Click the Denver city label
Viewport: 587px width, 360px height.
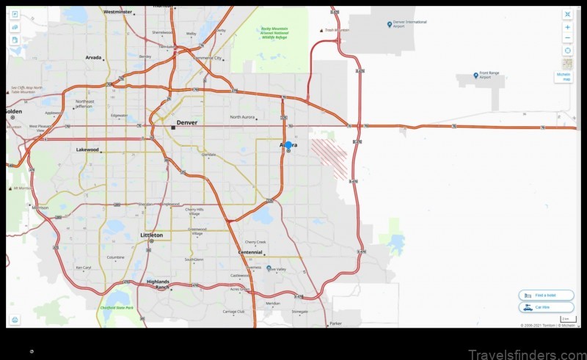[x=186, y=122]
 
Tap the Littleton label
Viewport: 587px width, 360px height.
[x=151, y=235]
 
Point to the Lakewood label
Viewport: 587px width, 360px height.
[x=87, y=150]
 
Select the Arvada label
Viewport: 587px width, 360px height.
[x=93, y=56]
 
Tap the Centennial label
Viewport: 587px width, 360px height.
[x=250, y=252]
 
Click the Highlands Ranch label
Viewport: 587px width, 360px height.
[x=158, y=284]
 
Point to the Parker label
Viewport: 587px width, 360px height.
[x=336, y=323]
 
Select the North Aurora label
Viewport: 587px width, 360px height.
[x=246, y=117]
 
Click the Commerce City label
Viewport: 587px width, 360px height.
[x=206, y=57]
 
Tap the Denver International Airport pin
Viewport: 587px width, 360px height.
[x=390, y=24]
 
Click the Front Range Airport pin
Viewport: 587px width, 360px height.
[x=476, y=76]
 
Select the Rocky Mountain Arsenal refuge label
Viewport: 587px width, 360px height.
[x=274, y=32]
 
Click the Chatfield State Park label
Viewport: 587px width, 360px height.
[x=117, y=307]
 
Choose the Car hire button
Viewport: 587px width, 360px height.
[x=546, y=307]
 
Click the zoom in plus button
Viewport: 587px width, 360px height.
[x=567, y=27]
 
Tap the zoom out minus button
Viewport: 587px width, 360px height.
[x=567, y=38]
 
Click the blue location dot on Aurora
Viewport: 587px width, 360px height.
[x=288, y=145]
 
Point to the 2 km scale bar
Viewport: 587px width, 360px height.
[x=568, y=320]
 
